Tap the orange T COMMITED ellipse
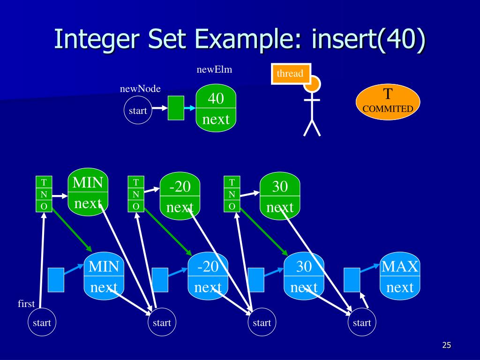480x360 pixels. click(x=388, y=102)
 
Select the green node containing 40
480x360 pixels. click(x=216, y=108)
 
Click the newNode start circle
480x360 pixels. click(x=138, y=110)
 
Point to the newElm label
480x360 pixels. click(x=214, y=69)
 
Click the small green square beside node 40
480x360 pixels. click(x=176, y=108)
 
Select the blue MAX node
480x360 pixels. click(x=400, y=276)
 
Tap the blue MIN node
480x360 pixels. click(x=104, y=276)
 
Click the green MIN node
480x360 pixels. click(x=88, y=192)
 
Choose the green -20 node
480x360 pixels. click(x=180, y=196)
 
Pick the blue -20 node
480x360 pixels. click(x=208, y=276)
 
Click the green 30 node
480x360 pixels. click(x=280, y=196)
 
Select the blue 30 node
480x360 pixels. click(x=304, y=276)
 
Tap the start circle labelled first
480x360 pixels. click(x=42, y=322)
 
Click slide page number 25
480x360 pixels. click(x=447, y=345)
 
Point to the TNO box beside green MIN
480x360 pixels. click(x=44, y=194)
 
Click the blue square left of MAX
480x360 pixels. click(x=352, y=280)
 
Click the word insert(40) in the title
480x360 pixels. click(x=368, y=39)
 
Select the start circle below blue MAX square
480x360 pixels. click(x=362, y=322)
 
